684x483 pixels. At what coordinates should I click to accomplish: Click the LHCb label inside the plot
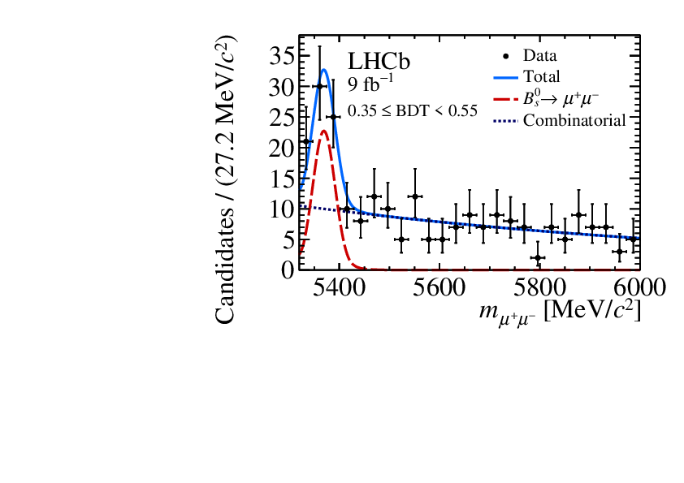click(x=379, y=62)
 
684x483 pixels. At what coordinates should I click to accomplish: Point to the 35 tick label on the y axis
click(x=281, y=56)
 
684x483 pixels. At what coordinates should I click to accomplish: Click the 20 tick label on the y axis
click(x=281, y=148)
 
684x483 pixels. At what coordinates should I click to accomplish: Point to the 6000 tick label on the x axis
click(x=636, y=287)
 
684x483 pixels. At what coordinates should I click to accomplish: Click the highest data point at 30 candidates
click(x=320, y=86)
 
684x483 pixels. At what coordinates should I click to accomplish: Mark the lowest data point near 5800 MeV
click(x=538, y=257)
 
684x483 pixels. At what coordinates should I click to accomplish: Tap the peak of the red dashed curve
click(x=324, y=131)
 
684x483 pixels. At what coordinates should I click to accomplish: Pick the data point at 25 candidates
click(x=333, y=117)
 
